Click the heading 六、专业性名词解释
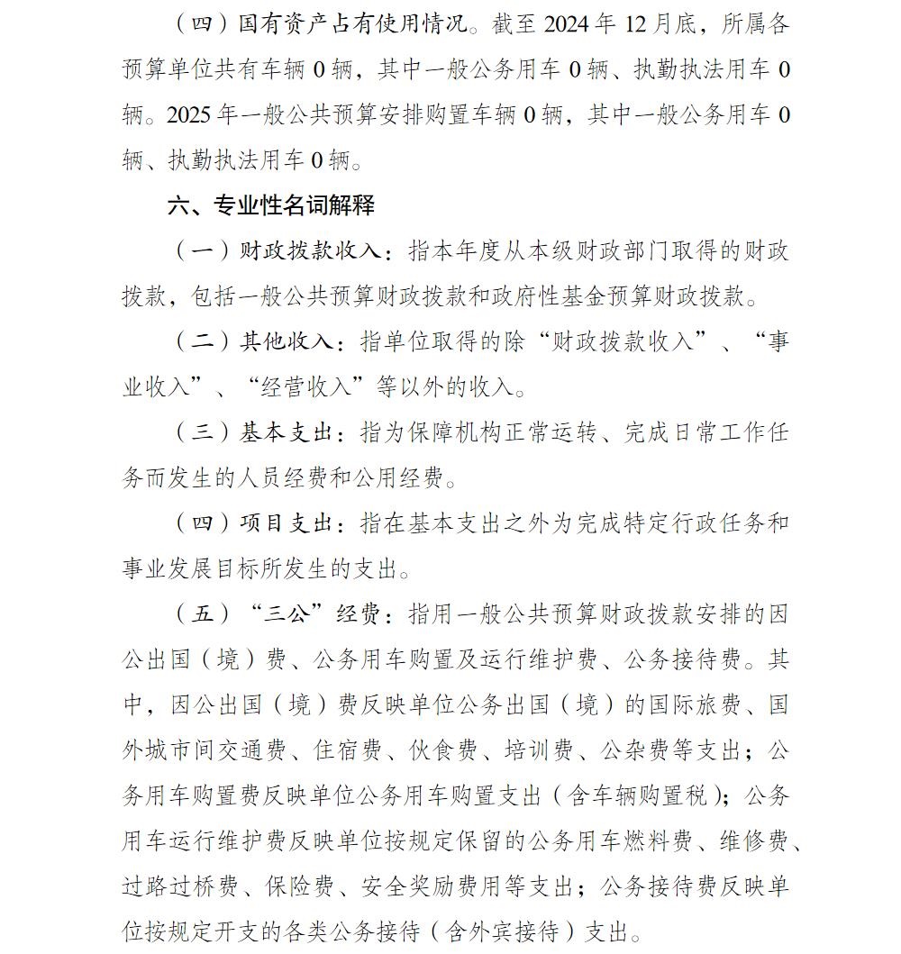(x=271, y=205)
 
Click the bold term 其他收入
(x=286, y=342)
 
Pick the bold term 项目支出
(x=286, y=523)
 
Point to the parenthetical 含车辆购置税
(x=639, y=796)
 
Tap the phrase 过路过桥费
(x=180, y=886)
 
